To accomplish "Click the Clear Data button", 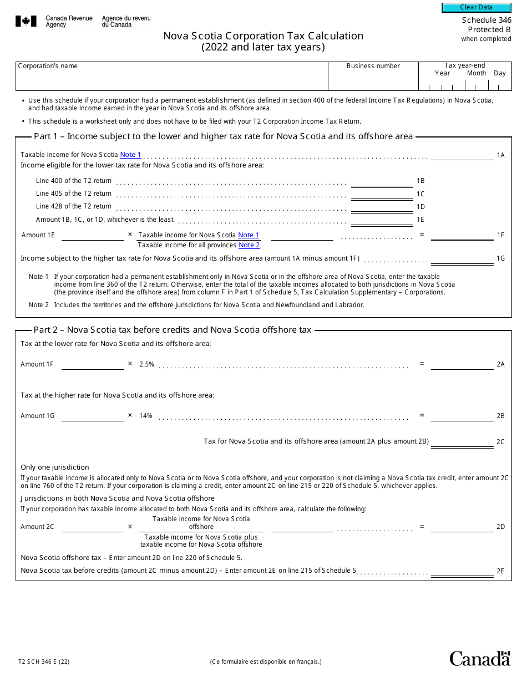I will pyautogui.click(x=476, y=8).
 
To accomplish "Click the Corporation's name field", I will pyautogui.click(x=172, y=80).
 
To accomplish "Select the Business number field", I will pyautogui.click(x=373, y=80).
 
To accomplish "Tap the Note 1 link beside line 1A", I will pyautogui.click(x=130, y=155).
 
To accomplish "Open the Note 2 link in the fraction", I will pyautogui.click(x=249, y=245).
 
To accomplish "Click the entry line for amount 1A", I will pyautogui.click(x=462, y=155).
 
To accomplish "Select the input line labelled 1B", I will pyautogui.click(x=382, y=181).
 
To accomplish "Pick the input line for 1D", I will pyautogui.click(x=382, y=207).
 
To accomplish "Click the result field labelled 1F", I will pyautogui.click(x=462, y=235).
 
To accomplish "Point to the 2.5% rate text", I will pyautogui.click(x=146, y=364).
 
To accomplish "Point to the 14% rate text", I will pyautogui.click(x=146, y=416).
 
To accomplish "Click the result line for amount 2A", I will pyautogui.click(x=462, y=364).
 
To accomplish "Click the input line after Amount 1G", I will pyautogui.click(x=93, y=416).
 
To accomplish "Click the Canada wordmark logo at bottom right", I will pyautogui.click(x=479, y=658).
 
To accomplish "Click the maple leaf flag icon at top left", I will pyautogui.click(x=26, y=22).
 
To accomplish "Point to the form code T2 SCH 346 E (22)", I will pyautogui.click(x=44, y=661).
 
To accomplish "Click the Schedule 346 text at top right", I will pyautogui.click(x=487, y=21).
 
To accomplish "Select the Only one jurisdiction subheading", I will pyautogui.click(x=54, y=467).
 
